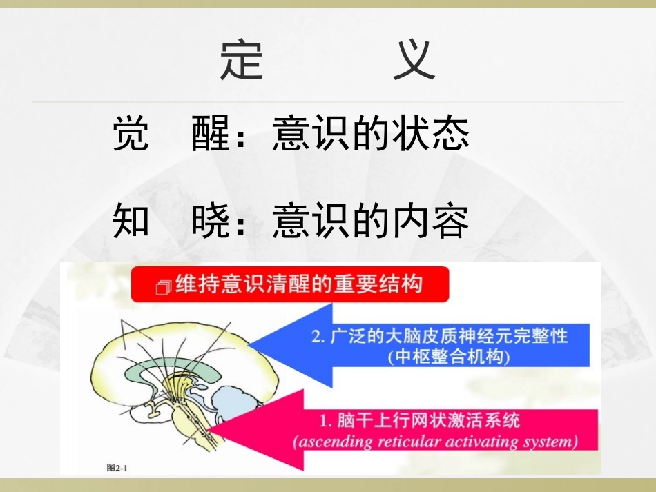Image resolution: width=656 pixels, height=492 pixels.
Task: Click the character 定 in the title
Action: (242, 60)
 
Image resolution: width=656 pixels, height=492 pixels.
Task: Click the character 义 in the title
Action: (414, 60)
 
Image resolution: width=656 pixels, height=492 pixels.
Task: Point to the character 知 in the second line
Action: (131, 222)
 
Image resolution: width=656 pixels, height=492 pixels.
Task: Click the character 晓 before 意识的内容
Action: (211, 222)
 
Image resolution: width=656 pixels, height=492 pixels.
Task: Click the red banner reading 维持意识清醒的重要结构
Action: (290, 284)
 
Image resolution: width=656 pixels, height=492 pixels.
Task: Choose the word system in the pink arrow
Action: (552, 441)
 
